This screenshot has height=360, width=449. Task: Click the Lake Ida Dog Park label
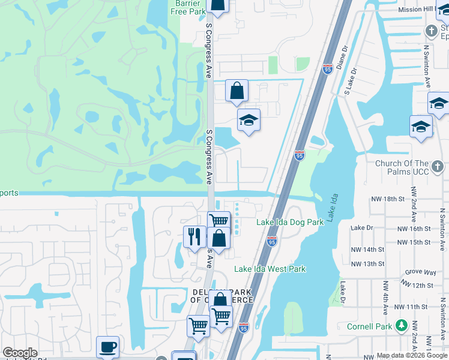[x=290, y=222]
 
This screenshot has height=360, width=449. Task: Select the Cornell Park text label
[x=369, y=327]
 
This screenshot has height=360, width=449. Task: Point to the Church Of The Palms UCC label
[x=410, y=168]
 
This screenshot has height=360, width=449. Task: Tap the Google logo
[x=20, y=353]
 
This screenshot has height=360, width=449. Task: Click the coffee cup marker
[x=108, y=347]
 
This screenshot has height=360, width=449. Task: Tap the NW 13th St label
[x=367, y=264]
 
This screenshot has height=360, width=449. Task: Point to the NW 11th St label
[x=411, y=307]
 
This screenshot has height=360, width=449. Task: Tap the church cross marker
[x=431, y=31]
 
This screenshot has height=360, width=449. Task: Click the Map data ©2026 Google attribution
[x=411, y=355]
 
